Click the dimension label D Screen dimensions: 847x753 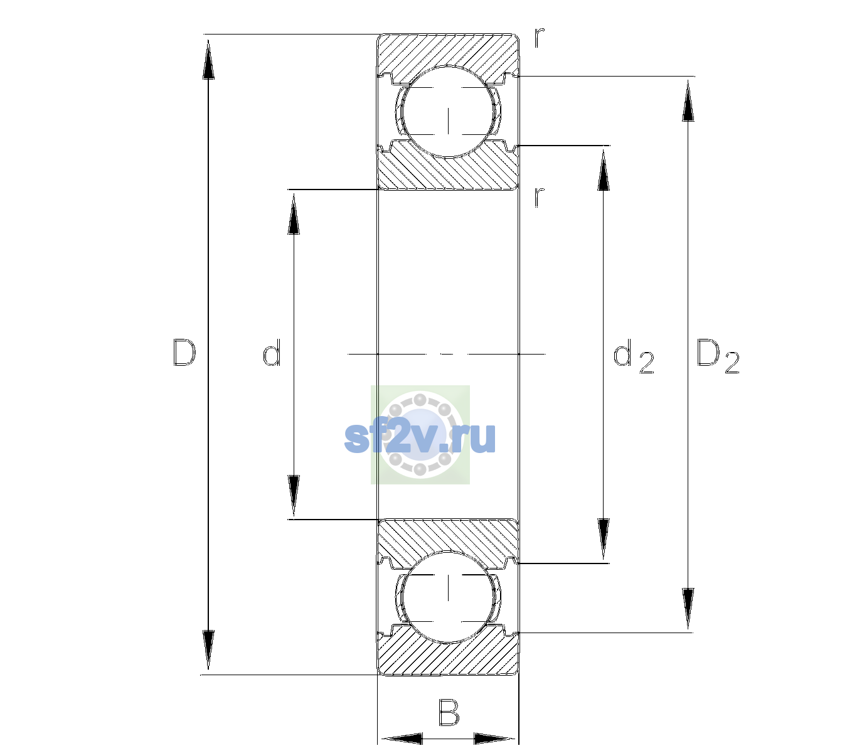point(184,353)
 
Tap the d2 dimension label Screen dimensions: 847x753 point(634,356)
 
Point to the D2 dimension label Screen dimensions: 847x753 point(718,356)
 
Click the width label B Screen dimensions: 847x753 point(449,712)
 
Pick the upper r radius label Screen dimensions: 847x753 point(540,37)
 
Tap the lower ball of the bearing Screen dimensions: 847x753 point(448,596)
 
